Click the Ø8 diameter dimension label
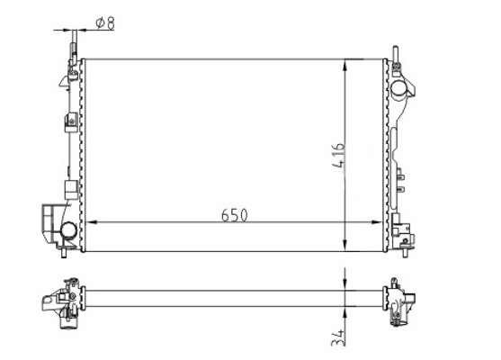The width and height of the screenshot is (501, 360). (105, 22)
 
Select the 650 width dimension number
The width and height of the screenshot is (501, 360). (234, 215)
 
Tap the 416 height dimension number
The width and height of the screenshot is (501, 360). (339, 156)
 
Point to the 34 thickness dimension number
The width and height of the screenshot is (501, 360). (338, 337)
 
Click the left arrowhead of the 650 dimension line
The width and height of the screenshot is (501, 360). (92, 222)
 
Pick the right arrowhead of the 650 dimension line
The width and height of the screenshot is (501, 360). (377, 222)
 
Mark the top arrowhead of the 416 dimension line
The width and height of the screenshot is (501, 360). (345, 65)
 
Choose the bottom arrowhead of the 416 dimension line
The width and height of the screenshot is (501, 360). (345, 246)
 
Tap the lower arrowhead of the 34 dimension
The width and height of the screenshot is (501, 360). (345, 312)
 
